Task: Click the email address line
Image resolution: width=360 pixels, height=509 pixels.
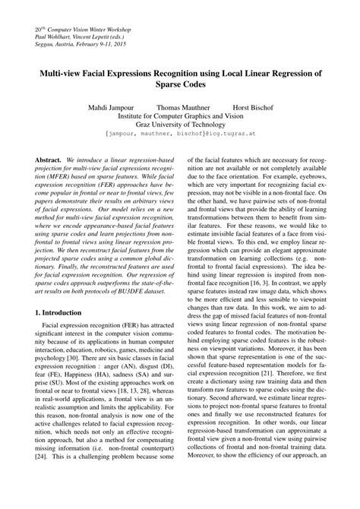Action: click(x=180, y=140)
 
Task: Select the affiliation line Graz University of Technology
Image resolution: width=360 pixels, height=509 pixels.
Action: click(x=180, y=129)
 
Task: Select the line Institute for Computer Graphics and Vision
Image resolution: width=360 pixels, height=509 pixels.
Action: click(x=180, y=119)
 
